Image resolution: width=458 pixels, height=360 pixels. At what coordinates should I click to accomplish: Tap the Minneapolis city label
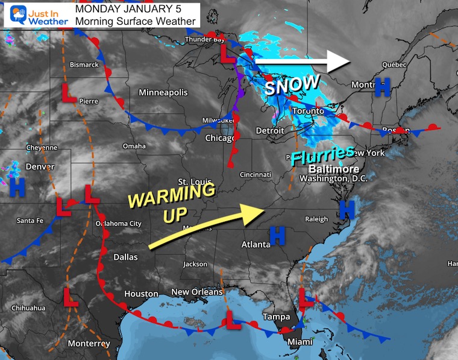pyautogui.click(x=163, y=92)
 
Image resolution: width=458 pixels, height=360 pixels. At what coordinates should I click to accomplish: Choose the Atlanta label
pyautogui.click(x=256, y=244)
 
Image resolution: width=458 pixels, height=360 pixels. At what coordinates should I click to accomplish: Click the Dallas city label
pyautogui.click(x=125, y=257)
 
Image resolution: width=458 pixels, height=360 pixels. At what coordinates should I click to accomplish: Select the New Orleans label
pyautogui.click(x=197, y=292)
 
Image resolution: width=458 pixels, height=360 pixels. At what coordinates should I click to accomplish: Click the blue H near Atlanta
pyautogui.click(x=277, y=235)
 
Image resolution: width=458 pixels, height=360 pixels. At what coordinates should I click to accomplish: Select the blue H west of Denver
pyautogui.click(x=17, y=188)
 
